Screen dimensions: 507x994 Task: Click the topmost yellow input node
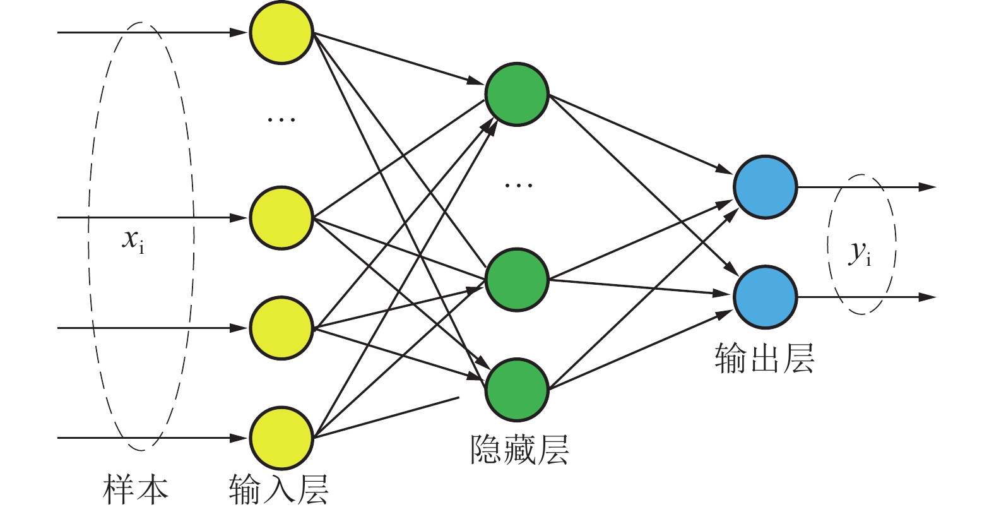281,32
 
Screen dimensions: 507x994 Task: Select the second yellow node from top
281,218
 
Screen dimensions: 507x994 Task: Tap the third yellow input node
281,328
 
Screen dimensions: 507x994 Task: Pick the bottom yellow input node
281,438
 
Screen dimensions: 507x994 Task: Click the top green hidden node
517,94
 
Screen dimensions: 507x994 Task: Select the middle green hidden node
517,280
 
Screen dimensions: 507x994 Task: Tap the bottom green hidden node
517,390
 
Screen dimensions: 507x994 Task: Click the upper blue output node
766,187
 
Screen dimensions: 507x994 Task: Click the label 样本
136,490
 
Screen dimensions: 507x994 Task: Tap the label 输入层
278,490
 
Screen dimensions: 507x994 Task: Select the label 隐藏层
519,449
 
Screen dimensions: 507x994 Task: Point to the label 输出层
764,359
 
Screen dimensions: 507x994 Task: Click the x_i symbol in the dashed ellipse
133,241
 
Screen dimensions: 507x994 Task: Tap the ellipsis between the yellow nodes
281,119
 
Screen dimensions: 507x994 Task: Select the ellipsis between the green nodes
519,185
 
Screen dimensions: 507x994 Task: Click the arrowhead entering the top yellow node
239,32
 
